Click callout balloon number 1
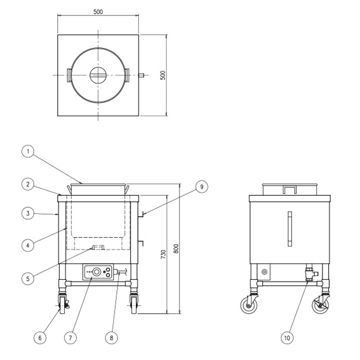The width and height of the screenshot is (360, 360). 28,152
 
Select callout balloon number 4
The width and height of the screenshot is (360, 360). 28,245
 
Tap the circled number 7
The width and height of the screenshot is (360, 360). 70,338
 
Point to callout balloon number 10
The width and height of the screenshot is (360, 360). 287,338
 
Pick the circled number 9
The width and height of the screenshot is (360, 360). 202,187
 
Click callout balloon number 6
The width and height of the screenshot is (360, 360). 40,338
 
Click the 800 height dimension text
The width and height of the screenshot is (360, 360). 176,248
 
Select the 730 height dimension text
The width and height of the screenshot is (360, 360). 163,255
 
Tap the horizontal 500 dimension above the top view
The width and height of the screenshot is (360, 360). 98,11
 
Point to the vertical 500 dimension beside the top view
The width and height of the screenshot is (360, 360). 163,75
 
